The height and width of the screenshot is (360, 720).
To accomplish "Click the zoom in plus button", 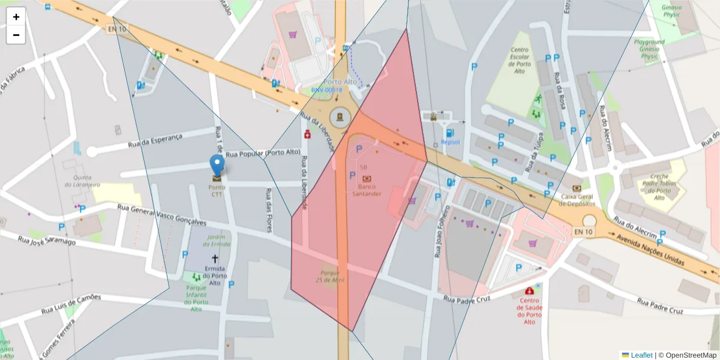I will [x=16, y=17].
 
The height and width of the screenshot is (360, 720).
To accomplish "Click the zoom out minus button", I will [x=16, y=35].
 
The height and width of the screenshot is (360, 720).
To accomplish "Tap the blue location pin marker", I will [x=217, y=166].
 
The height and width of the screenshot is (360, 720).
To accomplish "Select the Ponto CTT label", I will [x=217, y=190].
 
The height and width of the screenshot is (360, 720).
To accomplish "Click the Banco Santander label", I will [x=367, y=190].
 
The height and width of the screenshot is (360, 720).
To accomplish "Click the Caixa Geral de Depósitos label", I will [x=577, y=200].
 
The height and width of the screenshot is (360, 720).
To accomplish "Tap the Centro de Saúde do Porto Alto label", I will [x=529, y=311].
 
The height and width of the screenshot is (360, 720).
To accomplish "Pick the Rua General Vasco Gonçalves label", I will [x=162, y=215].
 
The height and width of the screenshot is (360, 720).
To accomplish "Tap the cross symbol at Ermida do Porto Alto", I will [x=215, y=258].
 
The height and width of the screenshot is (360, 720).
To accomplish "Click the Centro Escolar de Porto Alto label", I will [x=520, y=61].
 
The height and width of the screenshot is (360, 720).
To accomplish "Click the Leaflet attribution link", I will [x=641, y=355].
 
